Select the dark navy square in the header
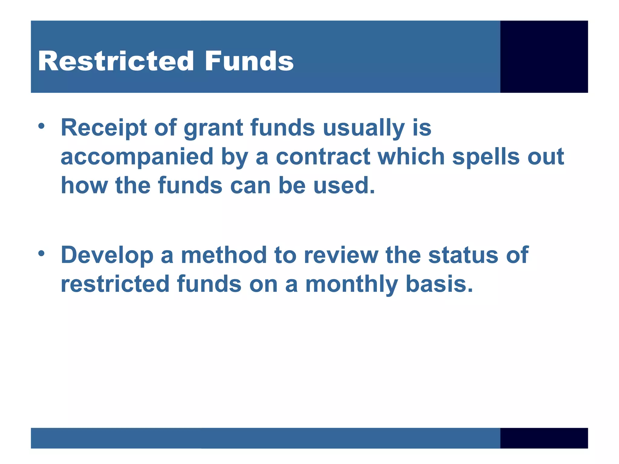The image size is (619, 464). [x=544, y=56]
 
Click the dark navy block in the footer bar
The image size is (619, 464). [x=544, y=438]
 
